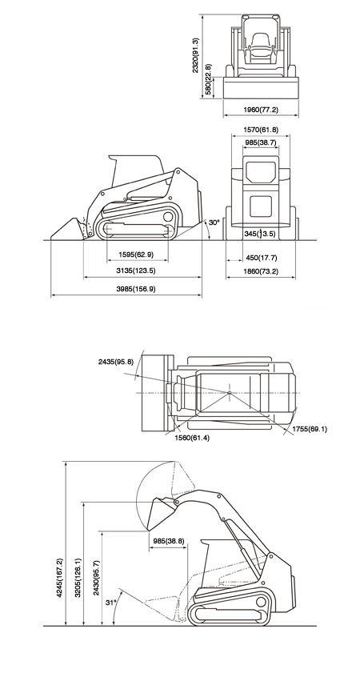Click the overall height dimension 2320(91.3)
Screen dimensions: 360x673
[x=196, y=55]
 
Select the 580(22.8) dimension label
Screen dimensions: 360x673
[x=208, y=79]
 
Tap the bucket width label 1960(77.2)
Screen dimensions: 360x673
[x=261, y=110]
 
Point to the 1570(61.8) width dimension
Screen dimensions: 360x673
[x=261, y=130]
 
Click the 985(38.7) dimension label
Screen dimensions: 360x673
[x=261, y=141]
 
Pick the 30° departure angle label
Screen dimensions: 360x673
[x=214, y=222]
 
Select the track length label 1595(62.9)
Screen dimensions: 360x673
[x=136, y=254]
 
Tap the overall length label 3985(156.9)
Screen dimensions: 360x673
[x=136, y=289]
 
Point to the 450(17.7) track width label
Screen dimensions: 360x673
[x=262, y=258]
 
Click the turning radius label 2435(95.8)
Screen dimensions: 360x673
[x=116, y=362]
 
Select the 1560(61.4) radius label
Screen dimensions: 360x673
[x=192, y=439]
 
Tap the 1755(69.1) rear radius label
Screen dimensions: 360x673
[x=310, y=429]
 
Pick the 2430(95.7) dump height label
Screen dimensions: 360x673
[x=97, y=578]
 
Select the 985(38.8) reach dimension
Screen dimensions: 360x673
[x=169, y=541]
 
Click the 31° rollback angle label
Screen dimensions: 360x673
[x=110, y=603]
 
